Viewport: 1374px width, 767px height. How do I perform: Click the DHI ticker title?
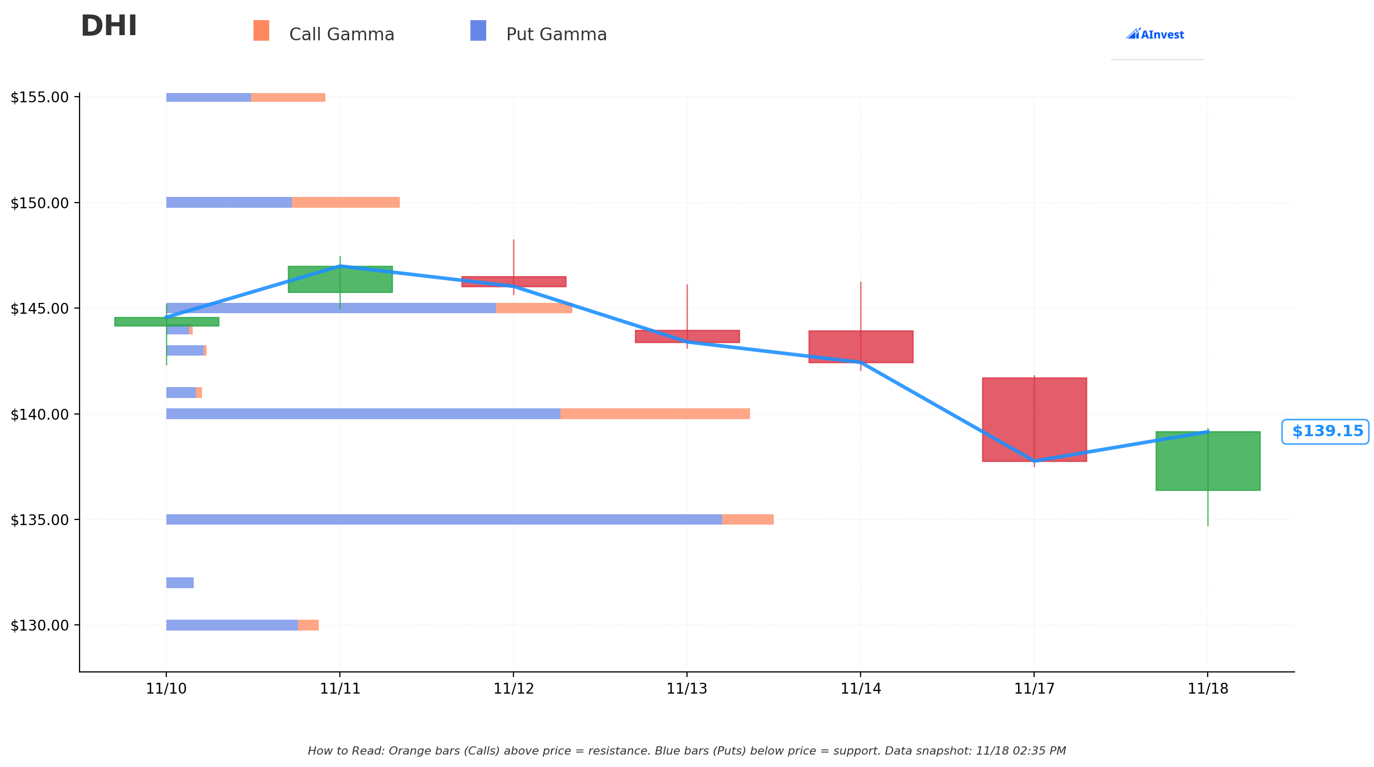109,27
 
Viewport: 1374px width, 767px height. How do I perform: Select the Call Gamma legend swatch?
261,30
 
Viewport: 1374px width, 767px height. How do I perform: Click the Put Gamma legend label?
556,35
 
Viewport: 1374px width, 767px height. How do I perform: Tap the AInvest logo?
1155,35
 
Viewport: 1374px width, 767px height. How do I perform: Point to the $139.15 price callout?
1325,431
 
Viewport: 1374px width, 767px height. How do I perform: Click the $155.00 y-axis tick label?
39,98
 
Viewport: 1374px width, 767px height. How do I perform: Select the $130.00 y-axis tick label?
39,625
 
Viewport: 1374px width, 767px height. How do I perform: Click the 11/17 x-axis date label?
1034,688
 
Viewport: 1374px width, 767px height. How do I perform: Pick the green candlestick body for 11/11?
340,279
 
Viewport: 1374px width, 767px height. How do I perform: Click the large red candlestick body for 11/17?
1034,420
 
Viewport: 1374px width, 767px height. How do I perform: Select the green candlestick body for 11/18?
1208,461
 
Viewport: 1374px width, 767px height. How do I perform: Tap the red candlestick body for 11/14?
861,346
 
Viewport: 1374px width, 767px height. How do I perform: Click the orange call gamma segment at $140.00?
655,413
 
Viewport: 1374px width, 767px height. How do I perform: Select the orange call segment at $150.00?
346,202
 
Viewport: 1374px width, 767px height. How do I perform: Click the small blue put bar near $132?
180,583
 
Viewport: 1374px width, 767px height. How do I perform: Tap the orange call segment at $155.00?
288,98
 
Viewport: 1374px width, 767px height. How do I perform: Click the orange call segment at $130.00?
308,625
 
